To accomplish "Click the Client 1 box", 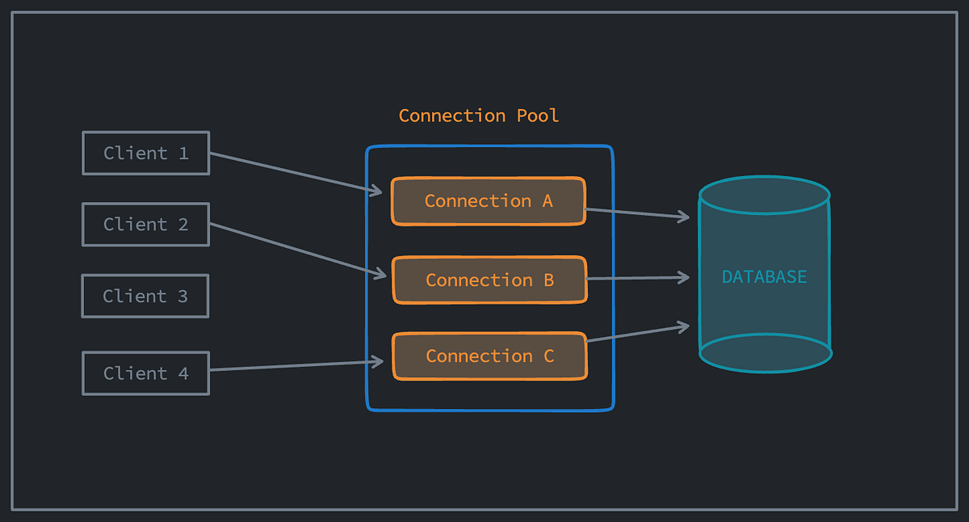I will click(x=146, y=153).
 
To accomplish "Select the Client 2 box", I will click(x=146, y=224).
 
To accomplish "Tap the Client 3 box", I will click(x=145, y=296).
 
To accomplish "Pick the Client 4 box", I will click(x=146, y=373).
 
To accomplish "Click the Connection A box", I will click(x=489, y=201).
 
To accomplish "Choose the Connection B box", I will click(x=489, y=280).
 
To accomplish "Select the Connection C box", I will click(x=489, y=356).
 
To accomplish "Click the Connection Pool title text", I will click(x=479, y=116).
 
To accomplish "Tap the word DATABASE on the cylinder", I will click(x=764, y=277).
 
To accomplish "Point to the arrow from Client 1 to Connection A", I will click(x=296, y=173).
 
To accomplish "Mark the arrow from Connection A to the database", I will click(x=638, y=213).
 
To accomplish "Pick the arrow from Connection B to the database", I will click(x=638, y=278).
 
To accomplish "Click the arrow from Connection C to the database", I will click(x=638, y=334).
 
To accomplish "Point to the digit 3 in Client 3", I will click(x=182, y=296).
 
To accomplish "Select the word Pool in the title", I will click(x=537, y=116).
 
